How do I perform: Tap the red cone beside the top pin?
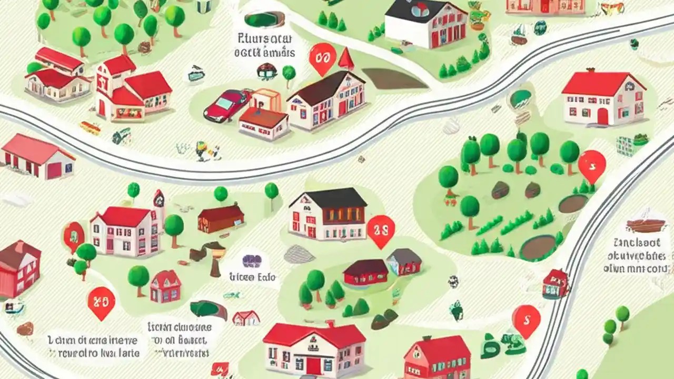[x=346, y=58]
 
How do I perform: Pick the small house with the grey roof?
[x=404, y=261]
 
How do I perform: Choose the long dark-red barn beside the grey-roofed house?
[x=365, y=271]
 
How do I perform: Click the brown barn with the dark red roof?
[x=221, y=218]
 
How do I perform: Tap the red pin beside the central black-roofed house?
[x=380, y=230]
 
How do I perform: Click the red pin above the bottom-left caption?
[x=101, y=303]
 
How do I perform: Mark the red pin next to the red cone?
[x=322, y=58]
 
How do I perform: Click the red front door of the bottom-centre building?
[x=314, y=365]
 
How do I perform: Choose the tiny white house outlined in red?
[x=246, y=318]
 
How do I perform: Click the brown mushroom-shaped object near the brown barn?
[x=214, y=258]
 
